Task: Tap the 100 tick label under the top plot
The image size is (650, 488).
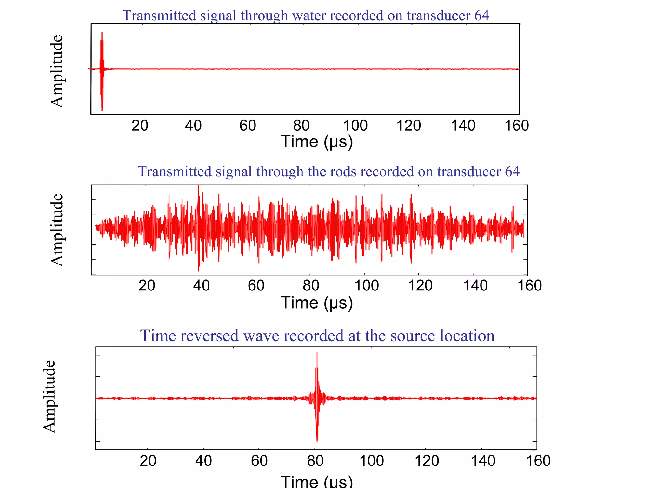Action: click(355, 126)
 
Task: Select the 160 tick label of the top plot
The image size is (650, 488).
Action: click(517, 126)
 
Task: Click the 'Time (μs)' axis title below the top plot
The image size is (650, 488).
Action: click(316, 141)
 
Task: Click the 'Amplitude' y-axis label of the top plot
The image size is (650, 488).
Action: click(57, 71)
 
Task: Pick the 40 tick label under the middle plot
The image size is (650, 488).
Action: click(201, 285)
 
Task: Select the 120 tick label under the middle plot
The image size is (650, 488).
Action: click(420, 285)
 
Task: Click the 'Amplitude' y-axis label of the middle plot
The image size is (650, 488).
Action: click(57, 230)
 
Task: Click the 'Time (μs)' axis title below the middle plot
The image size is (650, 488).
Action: click(316, 303)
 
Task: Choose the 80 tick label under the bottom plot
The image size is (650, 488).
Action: click(315, 461)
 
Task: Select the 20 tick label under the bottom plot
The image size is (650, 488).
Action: click(148, 461)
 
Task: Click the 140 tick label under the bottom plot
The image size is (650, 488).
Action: click(483, 461)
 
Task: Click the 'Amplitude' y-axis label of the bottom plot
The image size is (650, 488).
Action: click(49, 396)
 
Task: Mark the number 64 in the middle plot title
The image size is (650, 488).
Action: click(512, 172)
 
